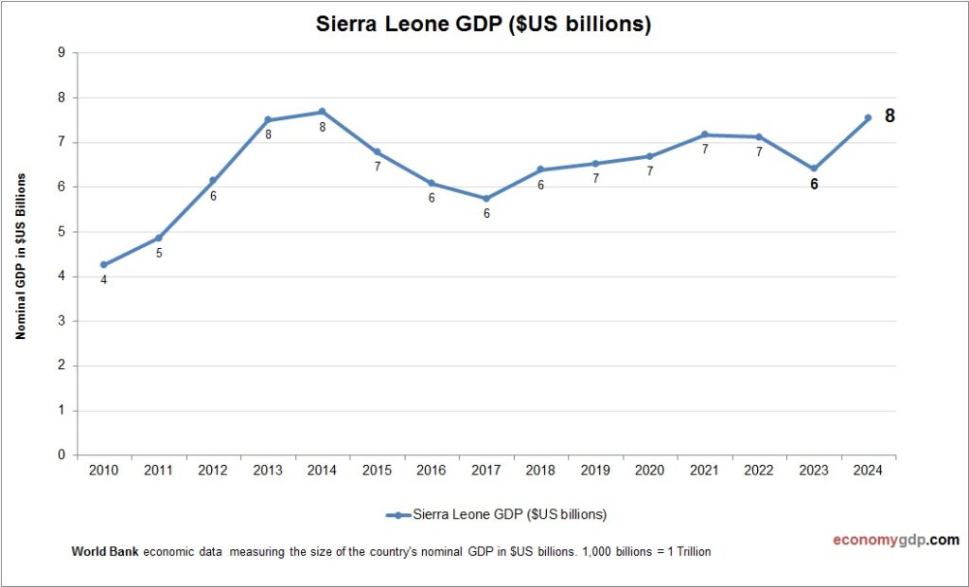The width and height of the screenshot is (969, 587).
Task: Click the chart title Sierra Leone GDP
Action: [484, 26]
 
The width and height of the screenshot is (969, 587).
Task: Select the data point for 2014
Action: [322, 112]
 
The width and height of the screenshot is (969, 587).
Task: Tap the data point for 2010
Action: [103, 265]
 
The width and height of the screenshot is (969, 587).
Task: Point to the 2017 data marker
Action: [486, 199]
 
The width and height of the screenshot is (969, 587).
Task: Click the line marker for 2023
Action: [813, 169]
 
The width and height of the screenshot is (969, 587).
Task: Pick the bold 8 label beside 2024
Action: [890, 116]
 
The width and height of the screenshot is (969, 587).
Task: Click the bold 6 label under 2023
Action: [814, 185]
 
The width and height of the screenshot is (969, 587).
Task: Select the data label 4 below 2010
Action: [103, 280]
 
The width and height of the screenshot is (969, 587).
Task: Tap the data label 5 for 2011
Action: [159, 254]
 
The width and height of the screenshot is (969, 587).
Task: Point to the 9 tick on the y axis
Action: [62, 53]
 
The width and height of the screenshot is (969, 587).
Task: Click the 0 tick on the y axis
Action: [62, 455]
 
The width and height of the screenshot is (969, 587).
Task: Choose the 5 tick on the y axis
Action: [62, 232]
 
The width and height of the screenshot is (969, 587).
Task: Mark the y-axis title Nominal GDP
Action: [20, 256]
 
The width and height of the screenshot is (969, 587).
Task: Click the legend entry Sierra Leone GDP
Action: [496, 515]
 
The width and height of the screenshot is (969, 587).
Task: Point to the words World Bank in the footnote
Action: [105, 551]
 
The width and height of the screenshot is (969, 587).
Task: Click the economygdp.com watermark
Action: [895, 540]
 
